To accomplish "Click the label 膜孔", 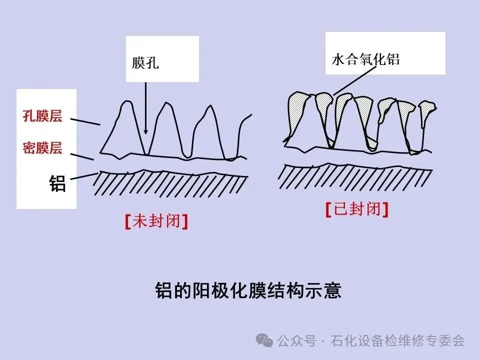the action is [145, 63].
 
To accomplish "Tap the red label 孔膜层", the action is [42, 116].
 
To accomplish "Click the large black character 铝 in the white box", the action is [57, 183].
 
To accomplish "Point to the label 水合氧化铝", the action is [365, 59].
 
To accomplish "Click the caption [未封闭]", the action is [157, 221].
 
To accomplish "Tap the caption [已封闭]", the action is [357, 209].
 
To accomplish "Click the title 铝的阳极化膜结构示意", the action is [248, 290].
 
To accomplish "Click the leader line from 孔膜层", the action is [85, 121].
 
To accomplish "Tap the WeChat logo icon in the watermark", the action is [264, 340].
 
